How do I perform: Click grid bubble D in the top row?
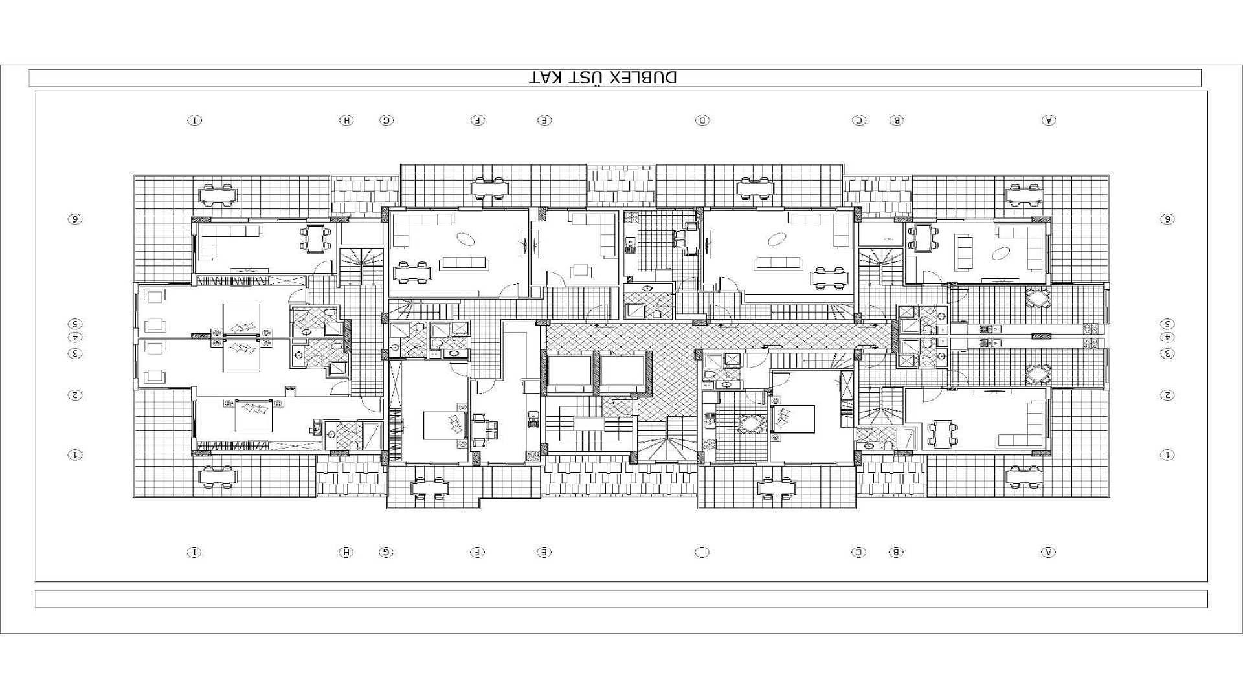[x=702, y=120]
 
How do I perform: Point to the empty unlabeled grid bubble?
[x=702, y=552]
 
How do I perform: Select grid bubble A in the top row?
[x=1048, y=120]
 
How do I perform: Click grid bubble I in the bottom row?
[x=194, y=552]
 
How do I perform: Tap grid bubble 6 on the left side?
[x=75, y=219]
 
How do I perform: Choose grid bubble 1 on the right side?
[x=1167, y=455]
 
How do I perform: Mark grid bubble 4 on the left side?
[x=75, y=337]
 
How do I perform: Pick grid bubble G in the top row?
[x=386, y=120]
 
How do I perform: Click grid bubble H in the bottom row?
[x=346, y=552]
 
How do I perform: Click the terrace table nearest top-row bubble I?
[x=218, y=193]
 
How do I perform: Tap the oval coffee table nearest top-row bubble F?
[x=466, y=239]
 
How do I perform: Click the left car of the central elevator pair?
[x=569, y=372]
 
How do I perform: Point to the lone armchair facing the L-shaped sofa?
[x=580, y=270]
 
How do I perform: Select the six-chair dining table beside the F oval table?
[x=413, y=272]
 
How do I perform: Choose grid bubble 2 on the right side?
[x=1167, y=395]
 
